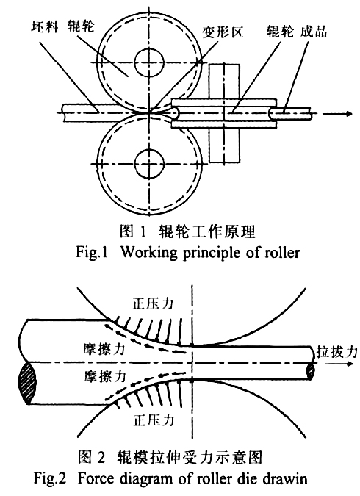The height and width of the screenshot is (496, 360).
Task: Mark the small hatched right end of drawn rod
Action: point(312,373)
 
